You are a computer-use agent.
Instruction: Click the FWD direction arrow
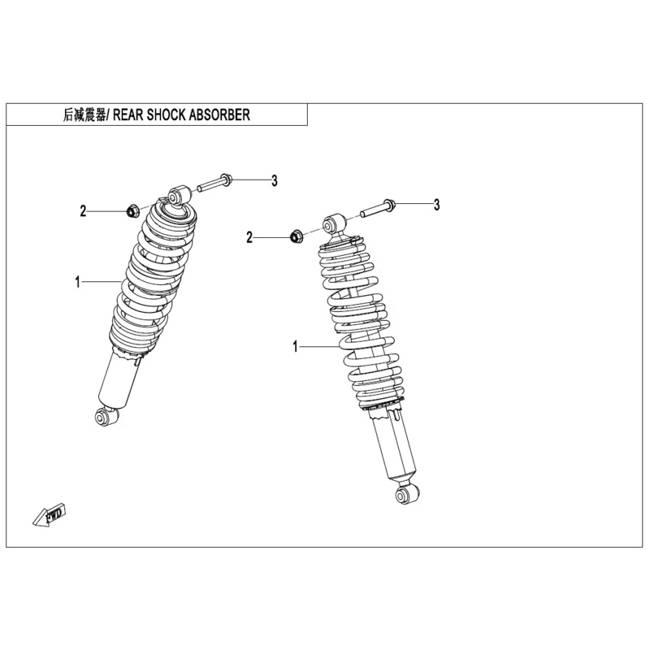point(50,513)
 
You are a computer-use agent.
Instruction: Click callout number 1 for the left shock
point(78,282)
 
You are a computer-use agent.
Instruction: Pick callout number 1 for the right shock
point(296,347)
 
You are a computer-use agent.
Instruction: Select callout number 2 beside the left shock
point(83,212)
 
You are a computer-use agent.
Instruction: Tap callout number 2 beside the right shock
point(250,237)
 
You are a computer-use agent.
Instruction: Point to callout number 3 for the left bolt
point(275,180)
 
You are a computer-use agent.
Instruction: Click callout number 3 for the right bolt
point(436,205)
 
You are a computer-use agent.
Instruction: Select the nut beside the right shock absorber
point(297,236)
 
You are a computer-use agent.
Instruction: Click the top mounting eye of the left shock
point(178,196)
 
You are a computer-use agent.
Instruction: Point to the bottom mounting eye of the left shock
point(103,417)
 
